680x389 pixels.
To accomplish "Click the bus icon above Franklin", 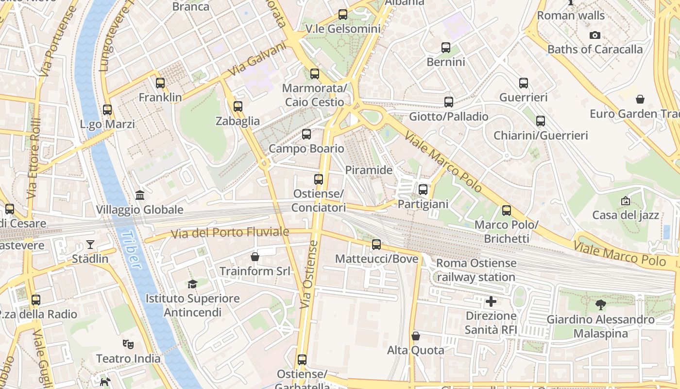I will coord(160,83).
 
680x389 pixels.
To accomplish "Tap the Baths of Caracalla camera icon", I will coord(595,35).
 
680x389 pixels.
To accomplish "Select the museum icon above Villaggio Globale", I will coord(140,195).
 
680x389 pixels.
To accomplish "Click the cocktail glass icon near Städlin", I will coord(90,244).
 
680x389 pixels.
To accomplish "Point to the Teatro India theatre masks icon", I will coord(128,344).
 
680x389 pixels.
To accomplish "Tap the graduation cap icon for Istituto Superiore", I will coord(193,284).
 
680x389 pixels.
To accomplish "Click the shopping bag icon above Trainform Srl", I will coord(255,256).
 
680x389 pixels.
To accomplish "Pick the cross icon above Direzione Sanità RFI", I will coord(491,301).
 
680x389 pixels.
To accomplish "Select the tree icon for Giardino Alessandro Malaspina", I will coord(601,305).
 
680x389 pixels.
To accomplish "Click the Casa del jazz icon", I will coord(626,200).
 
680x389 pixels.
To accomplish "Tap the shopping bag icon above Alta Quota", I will coord(416,336).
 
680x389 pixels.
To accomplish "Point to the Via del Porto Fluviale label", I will coord(230,233).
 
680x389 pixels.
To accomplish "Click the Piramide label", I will coord(369,170).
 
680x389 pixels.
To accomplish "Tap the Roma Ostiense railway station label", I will coord(476,270).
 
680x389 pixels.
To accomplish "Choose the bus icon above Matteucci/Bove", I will coord(376,244).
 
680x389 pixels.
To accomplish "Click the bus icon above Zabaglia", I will coord(238,106).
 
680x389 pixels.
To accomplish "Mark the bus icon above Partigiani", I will coord(423,190).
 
